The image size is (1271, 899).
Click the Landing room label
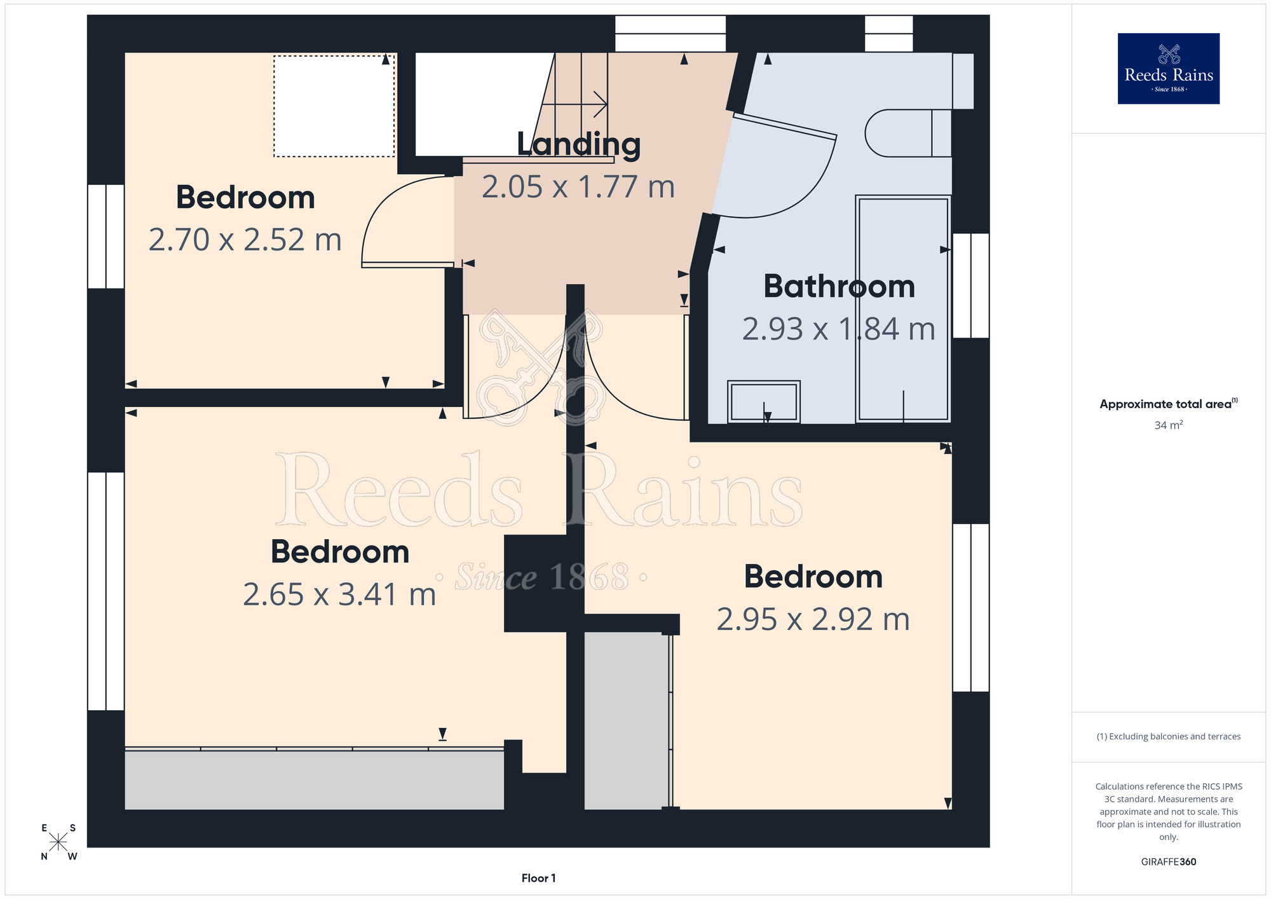coord(578,145)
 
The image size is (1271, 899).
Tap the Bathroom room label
coord(839,286)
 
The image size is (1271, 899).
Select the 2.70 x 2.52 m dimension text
coord(245,240)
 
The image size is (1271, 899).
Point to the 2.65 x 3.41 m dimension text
coord(339,594)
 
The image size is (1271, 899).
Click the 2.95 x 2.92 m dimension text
coord(813,619)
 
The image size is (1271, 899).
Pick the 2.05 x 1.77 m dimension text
coord(578,187)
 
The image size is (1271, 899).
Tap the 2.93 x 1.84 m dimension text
coord(839,329)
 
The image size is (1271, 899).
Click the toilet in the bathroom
coord(908,133)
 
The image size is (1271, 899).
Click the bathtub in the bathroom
coord(903,309)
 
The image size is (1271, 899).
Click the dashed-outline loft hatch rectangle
coord(334,106)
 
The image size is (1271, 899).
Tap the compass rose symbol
coord(58,842)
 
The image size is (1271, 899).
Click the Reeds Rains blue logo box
coord(1169,69)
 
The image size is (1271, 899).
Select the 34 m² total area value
coord(1169,425)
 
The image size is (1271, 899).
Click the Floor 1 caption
coord(538,878)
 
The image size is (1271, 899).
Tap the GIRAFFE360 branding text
coord(1169,862)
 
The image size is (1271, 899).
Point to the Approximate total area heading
coord(1169,404)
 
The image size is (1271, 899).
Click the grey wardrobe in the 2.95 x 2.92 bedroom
coord(627,721)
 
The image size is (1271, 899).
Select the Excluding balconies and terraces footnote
coord(1169,736)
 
